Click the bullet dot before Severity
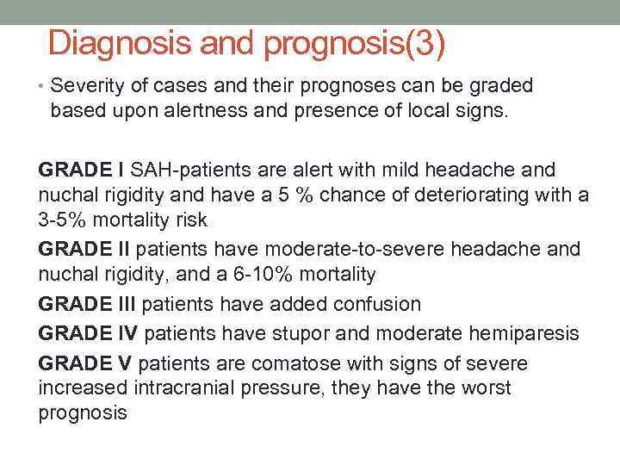coord(42,87)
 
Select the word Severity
coord(86,86)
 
